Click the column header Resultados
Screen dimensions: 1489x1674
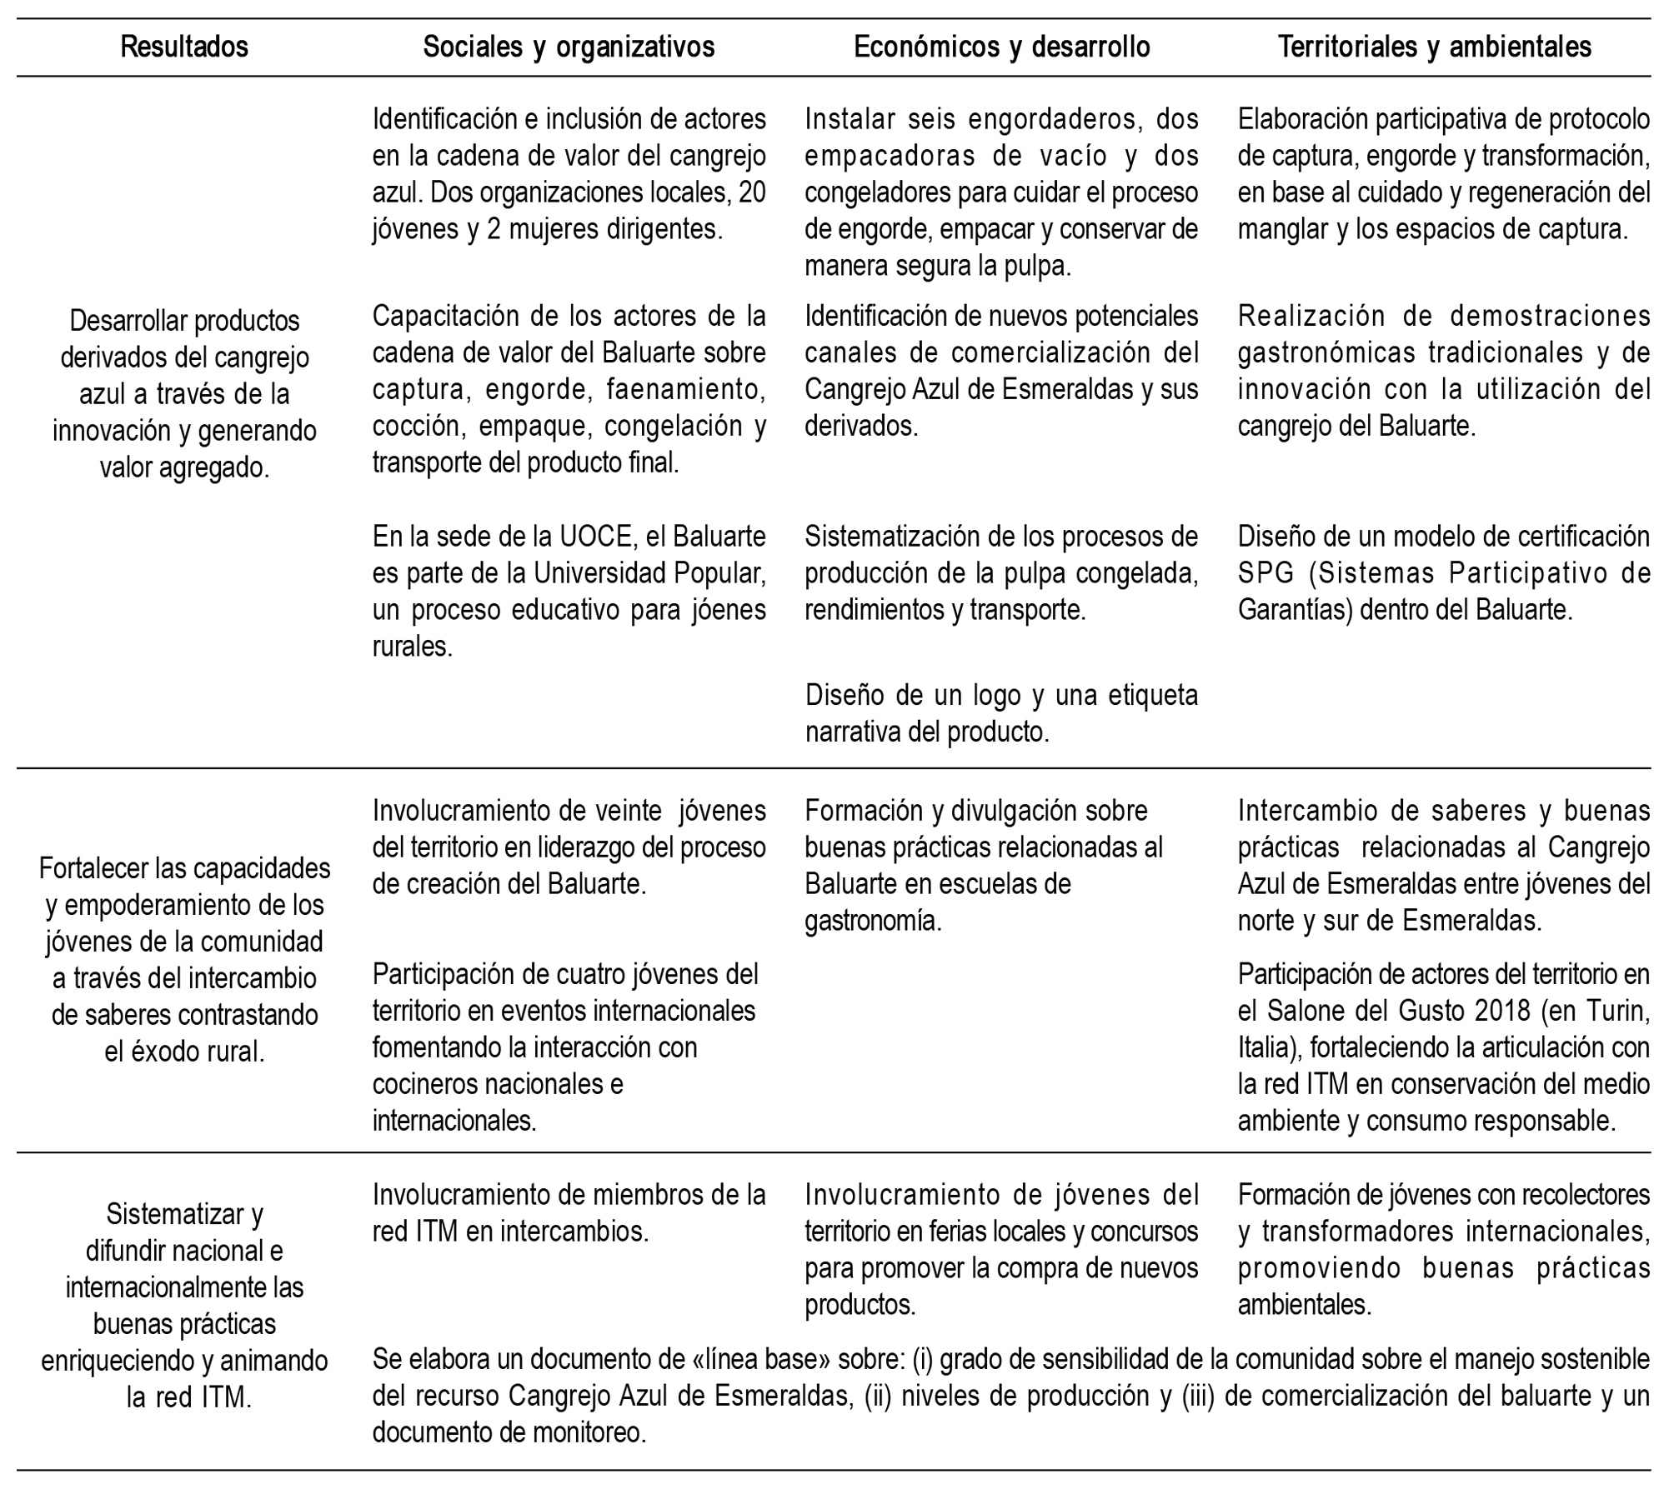pos(184,47)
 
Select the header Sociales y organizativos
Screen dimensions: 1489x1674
pos(569,47)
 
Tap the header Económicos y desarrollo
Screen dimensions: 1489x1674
pos(1001,47)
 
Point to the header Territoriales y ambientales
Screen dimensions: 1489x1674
pos(1435,47)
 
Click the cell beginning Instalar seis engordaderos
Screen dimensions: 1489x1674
pos(1001,192)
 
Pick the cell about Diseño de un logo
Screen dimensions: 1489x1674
pos(1001,713)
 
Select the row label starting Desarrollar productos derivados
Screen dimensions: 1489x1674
pos(184,394)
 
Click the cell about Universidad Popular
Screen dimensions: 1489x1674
pos(569,591)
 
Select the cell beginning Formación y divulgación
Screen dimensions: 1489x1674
pos(984,865)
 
